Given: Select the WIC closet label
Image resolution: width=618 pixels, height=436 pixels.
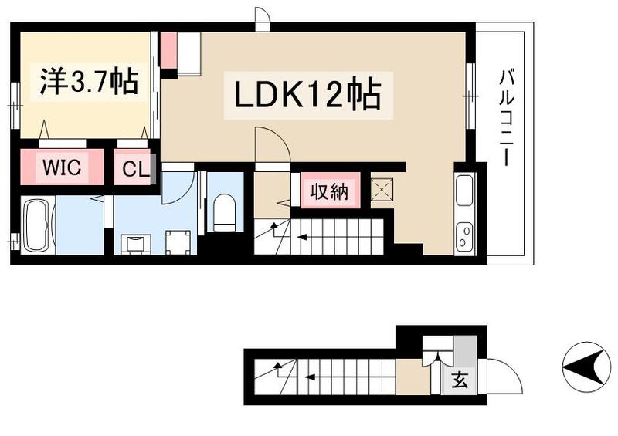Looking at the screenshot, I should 62,168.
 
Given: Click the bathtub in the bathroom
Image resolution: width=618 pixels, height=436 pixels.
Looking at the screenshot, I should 36,226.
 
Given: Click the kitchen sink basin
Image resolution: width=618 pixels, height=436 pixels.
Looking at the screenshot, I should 464,191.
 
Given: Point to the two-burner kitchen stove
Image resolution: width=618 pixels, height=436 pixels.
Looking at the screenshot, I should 464,234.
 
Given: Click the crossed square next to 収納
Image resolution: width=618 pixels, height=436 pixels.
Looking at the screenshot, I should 382,190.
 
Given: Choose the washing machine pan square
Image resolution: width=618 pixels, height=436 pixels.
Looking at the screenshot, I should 178,242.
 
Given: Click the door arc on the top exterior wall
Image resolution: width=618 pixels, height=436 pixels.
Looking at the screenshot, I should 263,19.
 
